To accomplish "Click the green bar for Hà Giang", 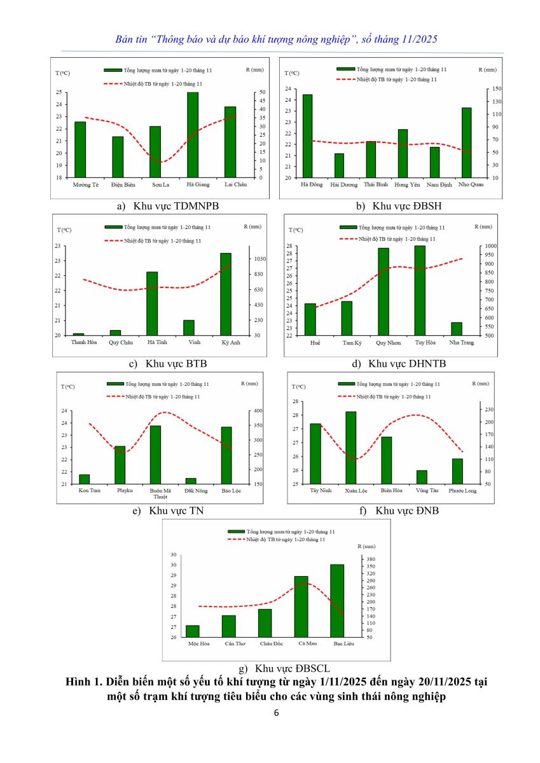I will coord(192,135).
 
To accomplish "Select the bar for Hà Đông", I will coord(307,136).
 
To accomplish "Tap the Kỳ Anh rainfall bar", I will coord(226,294).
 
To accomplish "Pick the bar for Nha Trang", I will coord(456,329).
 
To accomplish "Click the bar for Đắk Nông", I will coord(191,481).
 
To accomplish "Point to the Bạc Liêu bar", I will coord(336,600).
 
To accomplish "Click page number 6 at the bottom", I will coord(276,713).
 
